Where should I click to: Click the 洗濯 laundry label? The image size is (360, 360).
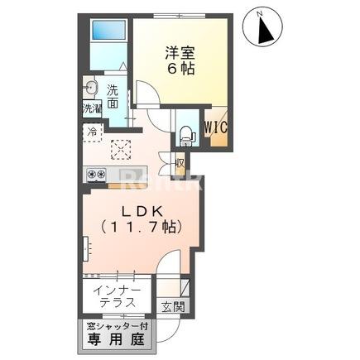pyautogui.click(x=91, y=108)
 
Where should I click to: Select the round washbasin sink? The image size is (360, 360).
pyautogui.click(x=91, y=89)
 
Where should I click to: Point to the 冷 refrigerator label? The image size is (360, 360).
pyautogui.click(x=90, y=131)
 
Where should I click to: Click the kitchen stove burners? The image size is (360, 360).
pyautogui.click(x=95, y=175)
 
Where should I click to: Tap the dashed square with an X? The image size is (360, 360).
pyautogui.click(x=122, y=149)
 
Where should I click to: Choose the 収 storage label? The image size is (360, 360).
pyautogui.click(x=179, y=163)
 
